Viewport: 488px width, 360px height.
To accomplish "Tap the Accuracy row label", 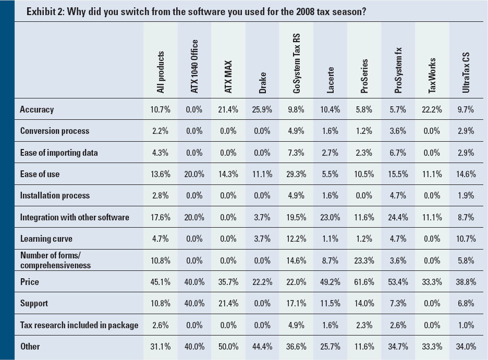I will (37, 109).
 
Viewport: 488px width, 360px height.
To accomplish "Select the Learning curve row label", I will (46, 239).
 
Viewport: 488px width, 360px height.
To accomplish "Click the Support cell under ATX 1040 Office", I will (194, 303).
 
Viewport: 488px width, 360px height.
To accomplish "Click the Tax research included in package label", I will (79, 325).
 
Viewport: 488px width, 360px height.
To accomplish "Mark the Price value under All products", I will (160, 282).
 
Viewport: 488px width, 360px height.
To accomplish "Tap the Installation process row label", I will (55, 195).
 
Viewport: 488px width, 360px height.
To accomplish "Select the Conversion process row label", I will (55, 131).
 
